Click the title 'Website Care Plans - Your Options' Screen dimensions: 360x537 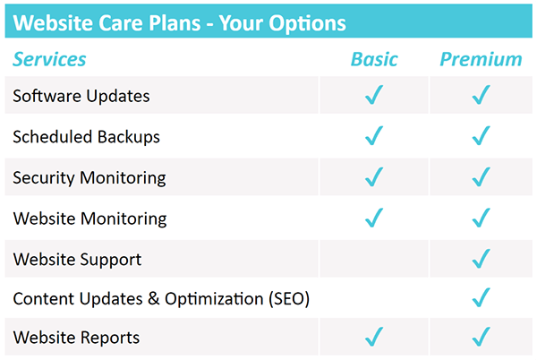tap(180, 22)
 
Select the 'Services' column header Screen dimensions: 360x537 tap(49, 59)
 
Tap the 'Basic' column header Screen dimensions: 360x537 tap(374, 59)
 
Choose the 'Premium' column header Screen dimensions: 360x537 tap(481, 59)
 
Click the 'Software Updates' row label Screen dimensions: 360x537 tap(81, 95)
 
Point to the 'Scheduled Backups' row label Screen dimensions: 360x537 tap(87, 136)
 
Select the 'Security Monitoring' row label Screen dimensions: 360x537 tap(89, 177)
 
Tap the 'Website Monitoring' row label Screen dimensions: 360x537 tap(89, 219)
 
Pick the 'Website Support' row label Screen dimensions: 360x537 tap(77, 260)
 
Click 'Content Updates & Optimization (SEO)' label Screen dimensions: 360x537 tap(161, 299)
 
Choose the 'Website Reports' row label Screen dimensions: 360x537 tap(76, 339)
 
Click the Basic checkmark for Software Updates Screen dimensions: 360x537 tap(374, 95)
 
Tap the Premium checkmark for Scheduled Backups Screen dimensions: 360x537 tap(482, 136)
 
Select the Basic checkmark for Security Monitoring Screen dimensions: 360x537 tap(374, 177)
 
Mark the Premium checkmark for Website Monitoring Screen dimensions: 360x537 tap(482, 218)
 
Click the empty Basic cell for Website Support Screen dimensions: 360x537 tap(374, 259)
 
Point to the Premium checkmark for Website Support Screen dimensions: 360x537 tap(482, 259)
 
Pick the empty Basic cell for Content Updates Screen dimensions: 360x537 tap(374, 298)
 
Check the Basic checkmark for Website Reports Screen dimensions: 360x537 tap(374, 338)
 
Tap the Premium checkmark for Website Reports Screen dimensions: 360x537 tap(482, 338)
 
